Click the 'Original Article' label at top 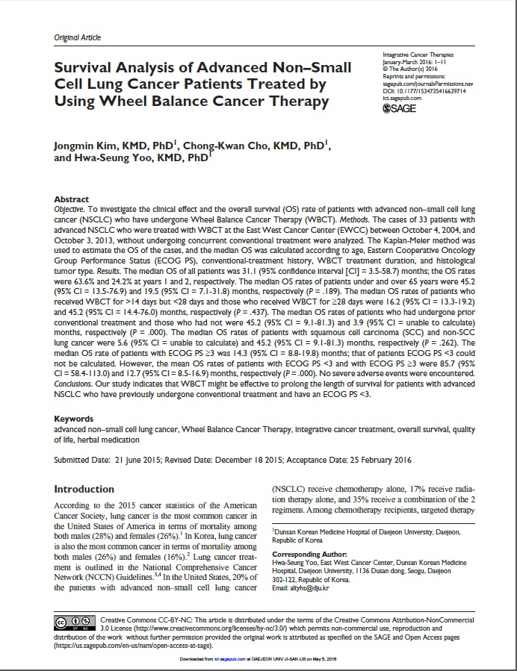point(78,37)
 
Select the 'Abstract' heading point(72,200)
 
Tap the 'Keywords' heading point(74,419)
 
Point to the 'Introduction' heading point(84,489)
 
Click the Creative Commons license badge point(74,621)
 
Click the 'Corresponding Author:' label point(309,555)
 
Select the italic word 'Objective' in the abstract point(69,210)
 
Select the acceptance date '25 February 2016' point(372,460)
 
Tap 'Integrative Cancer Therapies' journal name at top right point(418,55)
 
